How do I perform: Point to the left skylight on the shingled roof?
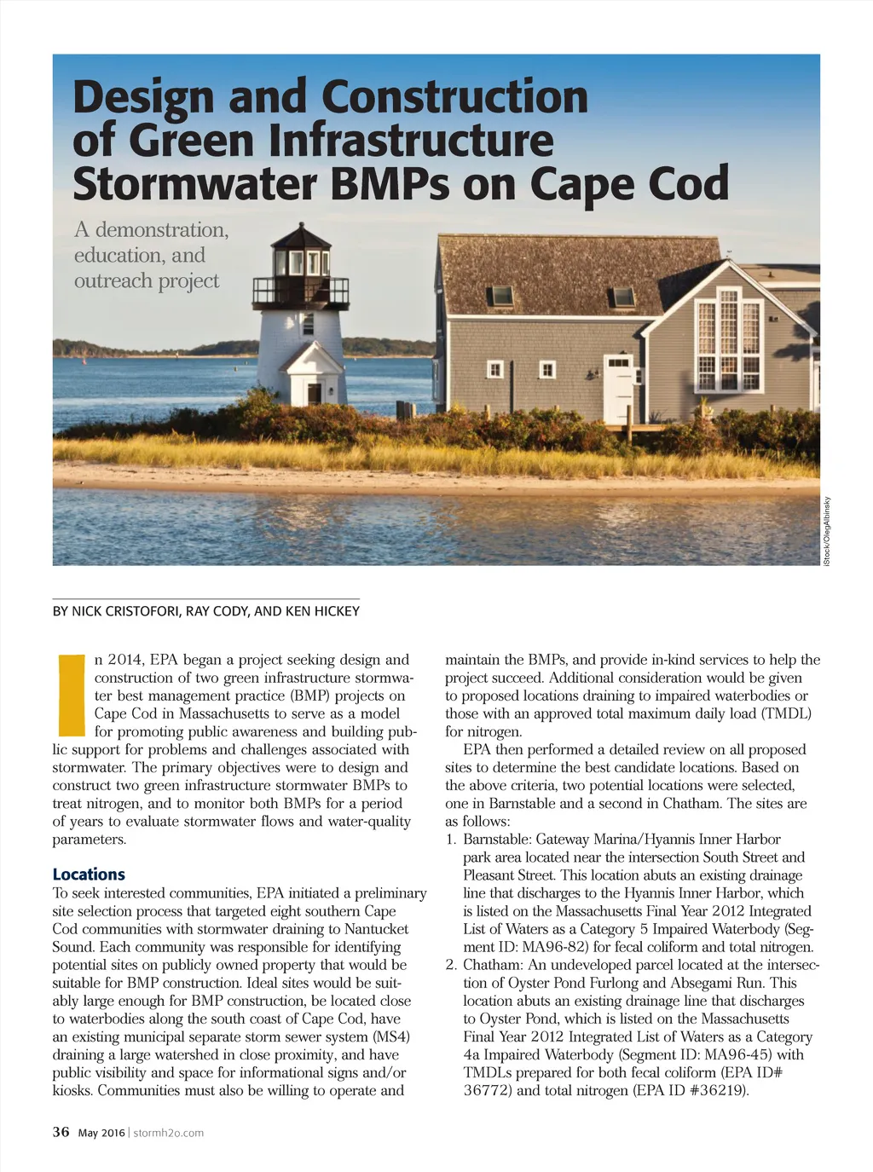click(x=500, y=296)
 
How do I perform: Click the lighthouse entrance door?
click(x=315, y=393)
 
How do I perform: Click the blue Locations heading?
click(x=89, y=875)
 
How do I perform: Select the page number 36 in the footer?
click(x=61, y=1132)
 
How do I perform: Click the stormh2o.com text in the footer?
click(x=169, y=1133)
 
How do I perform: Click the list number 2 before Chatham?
click(x=451, y=965)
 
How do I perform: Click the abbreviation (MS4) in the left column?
click(x=391, y=1036)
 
